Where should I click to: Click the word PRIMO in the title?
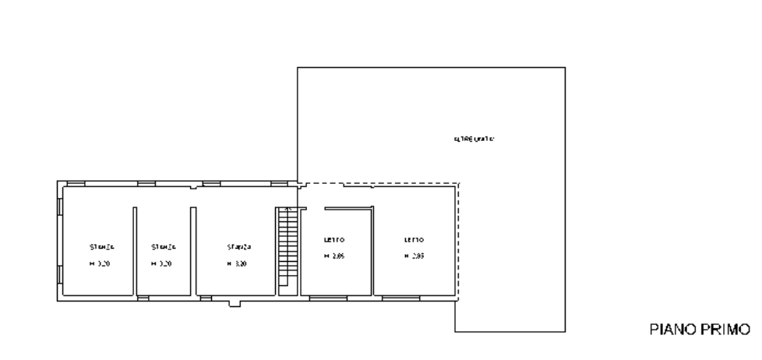pos(724,330)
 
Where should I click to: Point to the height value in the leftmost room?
pos(101,264)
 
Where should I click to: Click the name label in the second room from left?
pos(164,246)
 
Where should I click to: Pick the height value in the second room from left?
pos(164,264)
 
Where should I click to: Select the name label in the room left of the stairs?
pos(238,246)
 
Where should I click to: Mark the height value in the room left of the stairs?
pos(238,264)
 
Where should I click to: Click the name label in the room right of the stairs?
pos(335,238)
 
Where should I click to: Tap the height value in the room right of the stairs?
pos(337,256)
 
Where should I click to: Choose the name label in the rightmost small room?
pos(414,238)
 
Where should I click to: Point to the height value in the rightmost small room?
pos(415,256)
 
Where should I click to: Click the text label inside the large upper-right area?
pos(474,139)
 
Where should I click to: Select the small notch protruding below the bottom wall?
pos(235,304)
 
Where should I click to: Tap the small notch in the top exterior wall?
pos(193,187)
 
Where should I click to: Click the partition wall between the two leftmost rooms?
pos(136,249)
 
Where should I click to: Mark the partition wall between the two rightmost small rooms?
pos(373,249)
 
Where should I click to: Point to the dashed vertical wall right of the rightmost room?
pos(458,242)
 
